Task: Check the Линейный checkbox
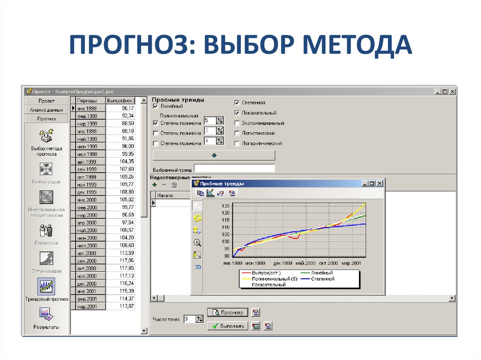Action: (156, 107)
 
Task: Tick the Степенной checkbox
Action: (237, 103)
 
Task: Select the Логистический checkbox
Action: (237, 133)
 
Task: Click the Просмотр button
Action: (228, 312)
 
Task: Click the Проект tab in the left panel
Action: (47, 101)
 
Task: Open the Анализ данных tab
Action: (47, 110)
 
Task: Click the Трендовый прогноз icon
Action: (47, 286)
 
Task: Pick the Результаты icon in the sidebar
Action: (46, 314)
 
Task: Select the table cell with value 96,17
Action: (121, 108)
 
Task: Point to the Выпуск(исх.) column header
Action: (121, 100)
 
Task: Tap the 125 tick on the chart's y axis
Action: (226, 206)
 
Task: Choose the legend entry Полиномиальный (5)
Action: (275, 279)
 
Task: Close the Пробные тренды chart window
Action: (380, 184)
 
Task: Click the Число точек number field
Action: (189, 319)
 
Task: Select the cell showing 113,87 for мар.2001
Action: (121, 306)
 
